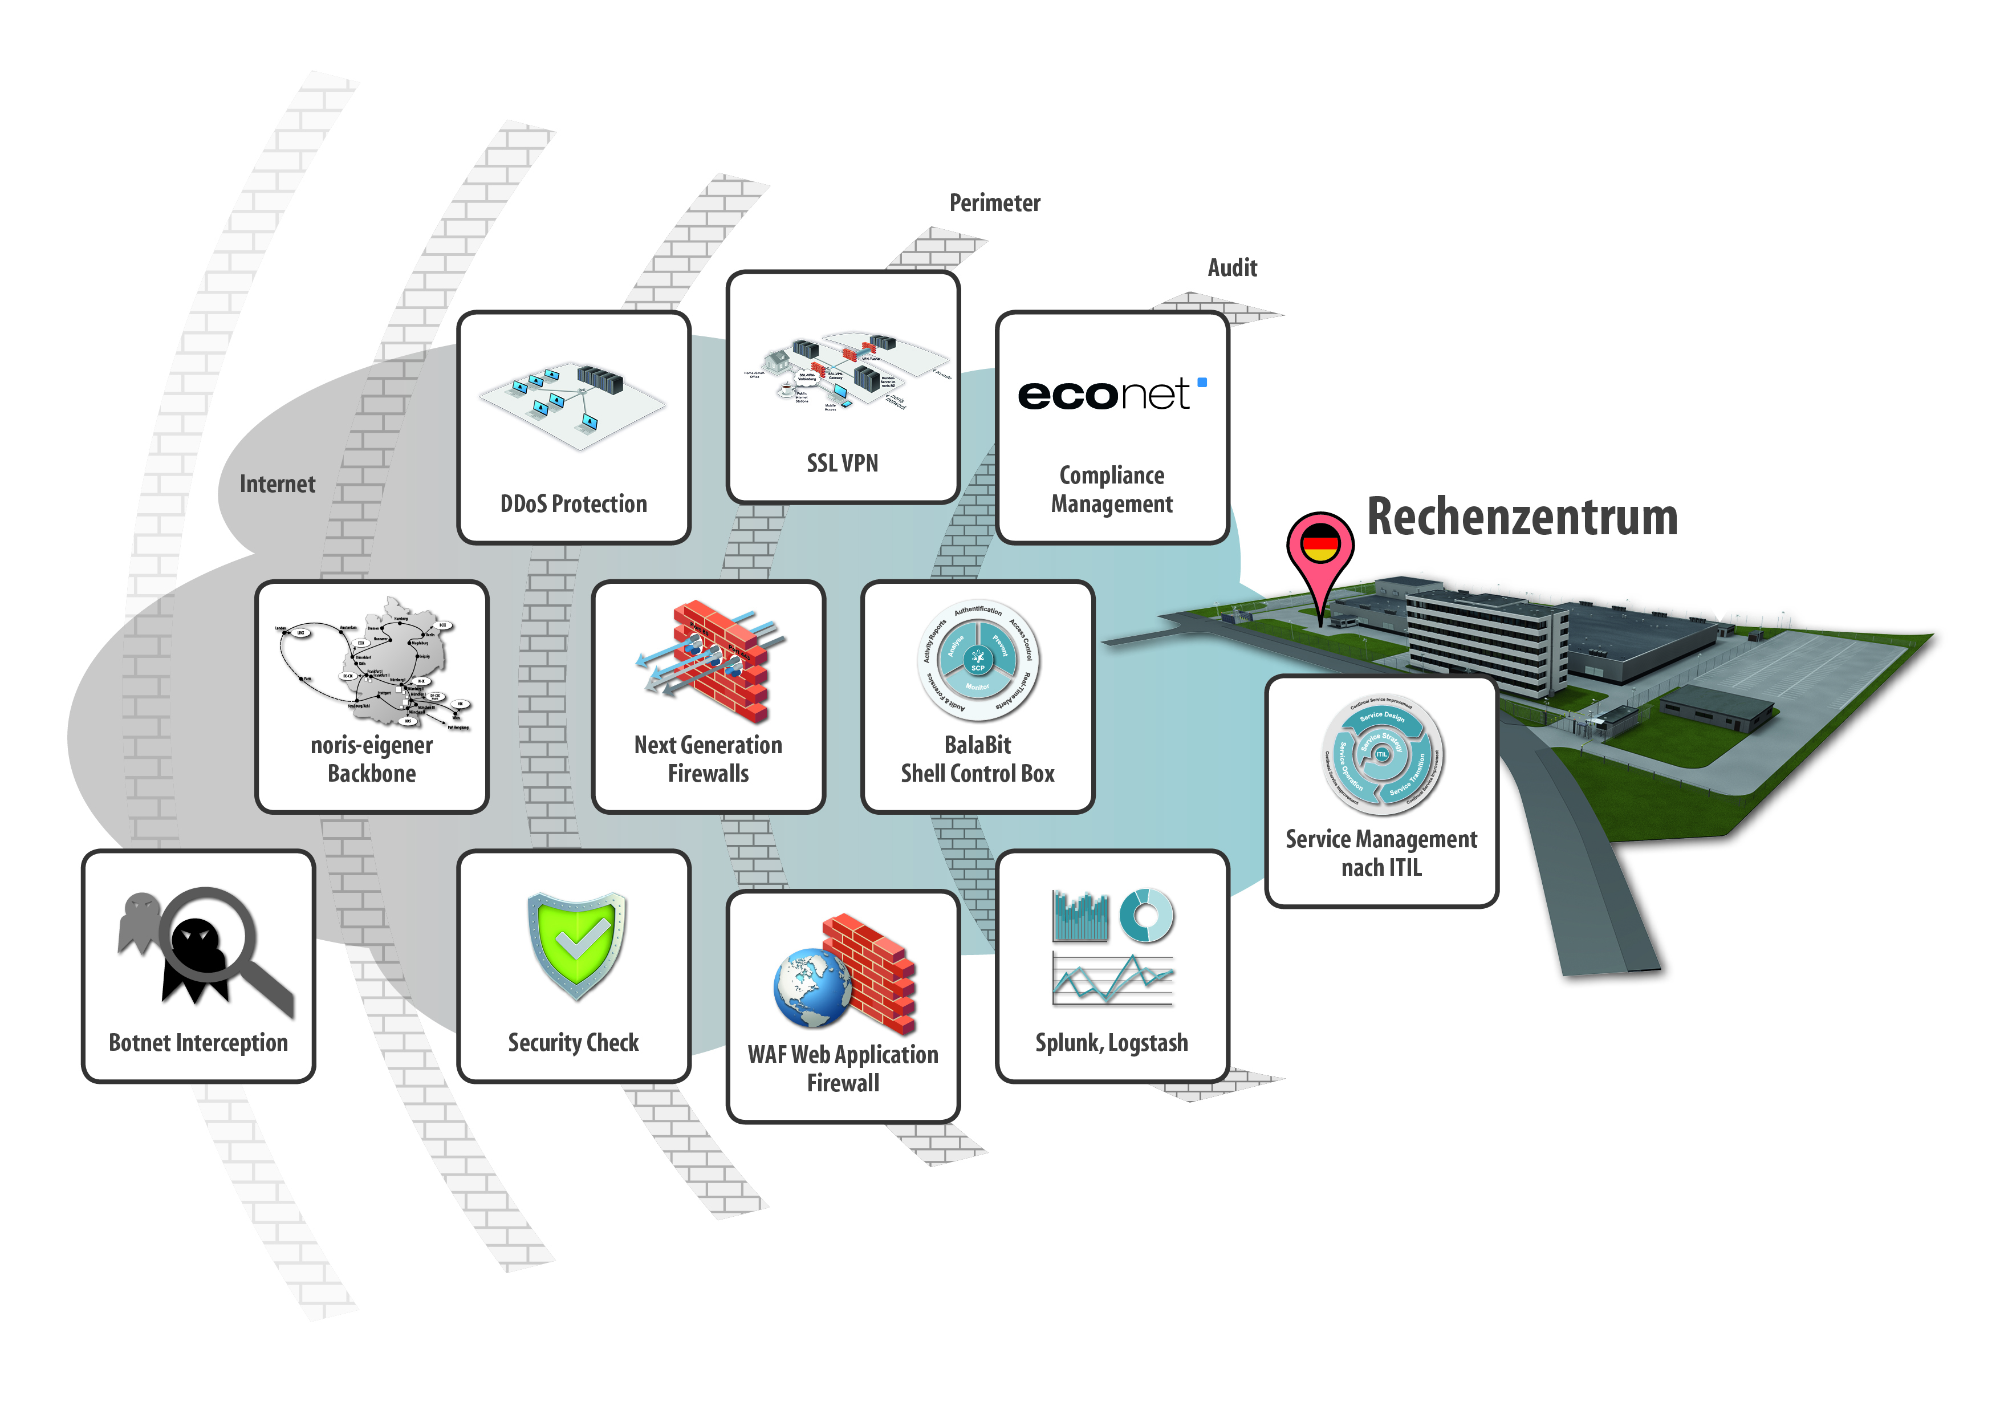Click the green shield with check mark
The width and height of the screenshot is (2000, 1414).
pyautogui.click(x=576, y=944)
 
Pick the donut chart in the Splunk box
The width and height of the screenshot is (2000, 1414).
pyautogui.click(x=1147, y=915)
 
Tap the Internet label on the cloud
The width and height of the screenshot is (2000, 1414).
pyautogui.click(x=277, y=485)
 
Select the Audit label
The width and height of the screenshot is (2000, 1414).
pyautogui.click(x=1231, y=267)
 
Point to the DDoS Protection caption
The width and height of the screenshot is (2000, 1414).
pyautogui.click(x=573, y=503)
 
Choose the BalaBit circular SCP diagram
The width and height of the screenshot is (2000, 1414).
pyautogui.click(x=977, y=660)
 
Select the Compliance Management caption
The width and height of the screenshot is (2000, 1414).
pyautogui.click(x=1112, y=490)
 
